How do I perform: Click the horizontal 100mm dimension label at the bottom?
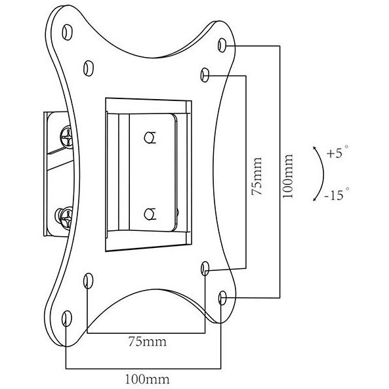click(x=147, y=379)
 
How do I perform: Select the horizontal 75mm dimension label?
click(x=148, y=341)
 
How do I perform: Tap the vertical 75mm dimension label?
click(x=256, y=176)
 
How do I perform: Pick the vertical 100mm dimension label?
click(x=288, y=176)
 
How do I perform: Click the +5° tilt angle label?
click(x=337, y=152)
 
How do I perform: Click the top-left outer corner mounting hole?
click(x=67, y=32)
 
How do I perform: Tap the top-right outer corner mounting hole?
click(x=222, y=45)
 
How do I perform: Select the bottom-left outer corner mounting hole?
click(x=67, y=318)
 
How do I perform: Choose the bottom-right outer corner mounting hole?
click(x=222, y=298)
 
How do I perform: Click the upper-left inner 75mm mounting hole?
click(x=89, y=68)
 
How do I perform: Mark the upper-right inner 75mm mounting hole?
click(x=205, y=75)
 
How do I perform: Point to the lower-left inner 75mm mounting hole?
click(x=89, y=281)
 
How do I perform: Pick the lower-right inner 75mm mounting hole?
click(x=205, y=268)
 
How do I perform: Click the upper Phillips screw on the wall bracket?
click(x=66, y=137)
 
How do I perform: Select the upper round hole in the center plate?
click(x=150, y=138)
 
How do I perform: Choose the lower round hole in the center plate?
click(x=150, y=214)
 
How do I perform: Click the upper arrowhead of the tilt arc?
click(x=315, y=148)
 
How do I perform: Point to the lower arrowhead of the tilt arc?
click(x=315, y=199)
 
